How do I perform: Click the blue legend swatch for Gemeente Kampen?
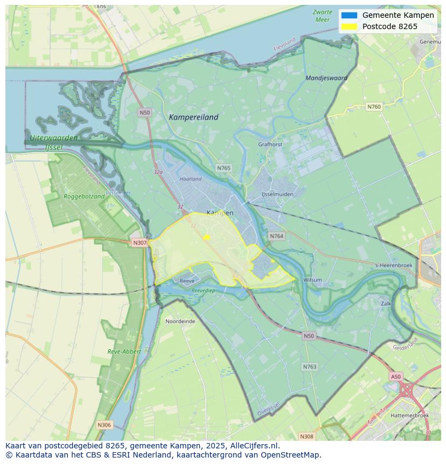click(x=349, y=15)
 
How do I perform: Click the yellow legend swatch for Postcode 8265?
click(x=349, y=26)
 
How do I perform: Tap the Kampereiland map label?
click(x=193, y=117)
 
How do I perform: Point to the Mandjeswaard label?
click(x=326, y=78)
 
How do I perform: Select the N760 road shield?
click(x=374, y=107)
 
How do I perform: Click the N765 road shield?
click(x=224, y=168)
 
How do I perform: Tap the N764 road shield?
click(x=277, y=236)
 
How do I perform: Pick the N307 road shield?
click(x=140, y=243)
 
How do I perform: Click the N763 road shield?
click(x=309, y=366)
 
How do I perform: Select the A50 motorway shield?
click(x=396, y=377)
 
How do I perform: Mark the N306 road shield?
click(x=104, y=425)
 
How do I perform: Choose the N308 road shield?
click(x=306, y=436)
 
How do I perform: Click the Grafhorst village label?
click(x=270, y=144)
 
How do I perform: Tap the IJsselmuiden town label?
click(x=277, y=194)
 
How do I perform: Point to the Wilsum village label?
click(x=312, y=280)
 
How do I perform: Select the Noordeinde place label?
click(x=180, y=321)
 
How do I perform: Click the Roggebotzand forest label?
click(x=84, y=197)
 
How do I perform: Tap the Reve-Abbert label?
click(x=124, y=351)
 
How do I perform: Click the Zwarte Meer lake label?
click(x=322, y=16)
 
